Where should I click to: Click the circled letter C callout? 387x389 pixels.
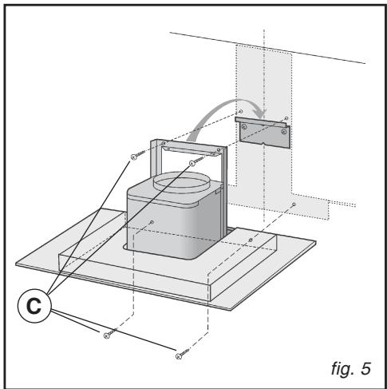click(x=34, y=306)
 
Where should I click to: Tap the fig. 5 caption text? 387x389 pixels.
click(x=351, y=369)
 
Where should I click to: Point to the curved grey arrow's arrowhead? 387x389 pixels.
click(x=261, y=113)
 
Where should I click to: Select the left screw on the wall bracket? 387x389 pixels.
click(x=244, y=127)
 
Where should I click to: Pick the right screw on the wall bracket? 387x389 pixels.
click(x=284, y=131)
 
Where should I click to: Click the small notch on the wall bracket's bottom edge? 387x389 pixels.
click(x=263, y=145)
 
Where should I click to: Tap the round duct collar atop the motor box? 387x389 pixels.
click(x=182, y=182)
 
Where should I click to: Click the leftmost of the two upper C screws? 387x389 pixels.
click(x=138, y=155)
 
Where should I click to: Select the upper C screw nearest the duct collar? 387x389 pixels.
click(x=196, y=161)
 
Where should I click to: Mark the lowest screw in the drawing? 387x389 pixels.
click(x=182, y=354)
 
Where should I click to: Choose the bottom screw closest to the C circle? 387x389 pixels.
click(x=110, y=334)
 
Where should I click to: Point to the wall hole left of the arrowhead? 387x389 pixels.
click(x=241, y=111)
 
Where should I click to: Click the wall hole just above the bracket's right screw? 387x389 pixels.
click(x=286, y=118)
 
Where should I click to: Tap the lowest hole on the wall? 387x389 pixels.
click(x=294, y=204)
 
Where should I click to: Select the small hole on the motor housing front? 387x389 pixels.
click(x=152, y=222)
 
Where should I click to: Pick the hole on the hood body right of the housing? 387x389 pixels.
click(x=251, y=240)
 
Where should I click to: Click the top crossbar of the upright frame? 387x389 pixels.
click(x=192, y=148)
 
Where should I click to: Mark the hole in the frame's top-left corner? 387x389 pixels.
click(x=164, y=143)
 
